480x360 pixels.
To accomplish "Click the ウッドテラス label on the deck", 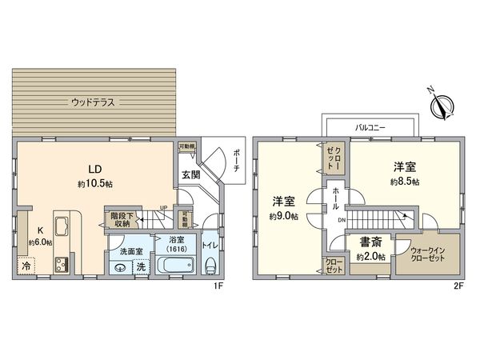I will coord(93,102).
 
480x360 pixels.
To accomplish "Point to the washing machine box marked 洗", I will coord(141,267).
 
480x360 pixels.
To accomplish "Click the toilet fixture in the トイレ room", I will coord(211,264).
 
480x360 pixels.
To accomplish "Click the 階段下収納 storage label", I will coord(122,219).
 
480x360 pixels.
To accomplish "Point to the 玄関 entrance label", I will coord(191,174).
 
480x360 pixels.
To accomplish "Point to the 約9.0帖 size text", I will coord(283,216).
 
